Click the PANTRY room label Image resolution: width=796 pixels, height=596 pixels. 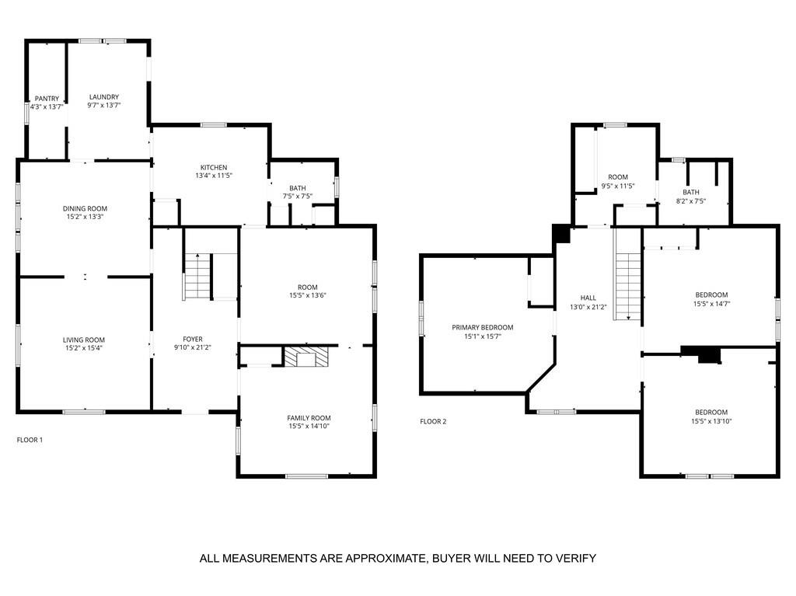pos(47,99)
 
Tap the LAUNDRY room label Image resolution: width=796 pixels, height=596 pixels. pos(103,97)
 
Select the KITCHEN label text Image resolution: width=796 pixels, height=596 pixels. pos(214,168)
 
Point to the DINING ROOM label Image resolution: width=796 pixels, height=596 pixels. pos(85,208)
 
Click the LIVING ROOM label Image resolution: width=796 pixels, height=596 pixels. pos(84,340)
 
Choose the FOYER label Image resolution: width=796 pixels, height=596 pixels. pos(192,340)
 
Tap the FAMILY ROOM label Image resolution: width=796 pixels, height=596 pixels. pos(309,418)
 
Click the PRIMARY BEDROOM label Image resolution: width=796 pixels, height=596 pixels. pos(482,328)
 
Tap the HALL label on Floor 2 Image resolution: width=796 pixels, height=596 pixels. pos(588,298)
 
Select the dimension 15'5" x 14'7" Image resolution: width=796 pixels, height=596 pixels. pos(711,304)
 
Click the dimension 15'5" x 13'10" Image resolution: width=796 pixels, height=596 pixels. pos(711,421)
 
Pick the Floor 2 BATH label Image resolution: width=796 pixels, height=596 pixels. pos(690,192)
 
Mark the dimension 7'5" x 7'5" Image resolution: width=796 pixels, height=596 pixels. pos(297,197)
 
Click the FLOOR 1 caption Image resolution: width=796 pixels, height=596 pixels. pos(30,440)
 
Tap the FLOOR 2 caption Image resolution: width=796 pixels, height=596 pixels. pos(433,421)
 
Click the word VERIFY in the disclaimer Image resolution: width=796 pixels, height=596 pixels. pos(575,558)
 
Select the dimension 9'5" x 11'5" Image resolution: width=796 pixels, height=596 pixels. pos(618,186)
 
